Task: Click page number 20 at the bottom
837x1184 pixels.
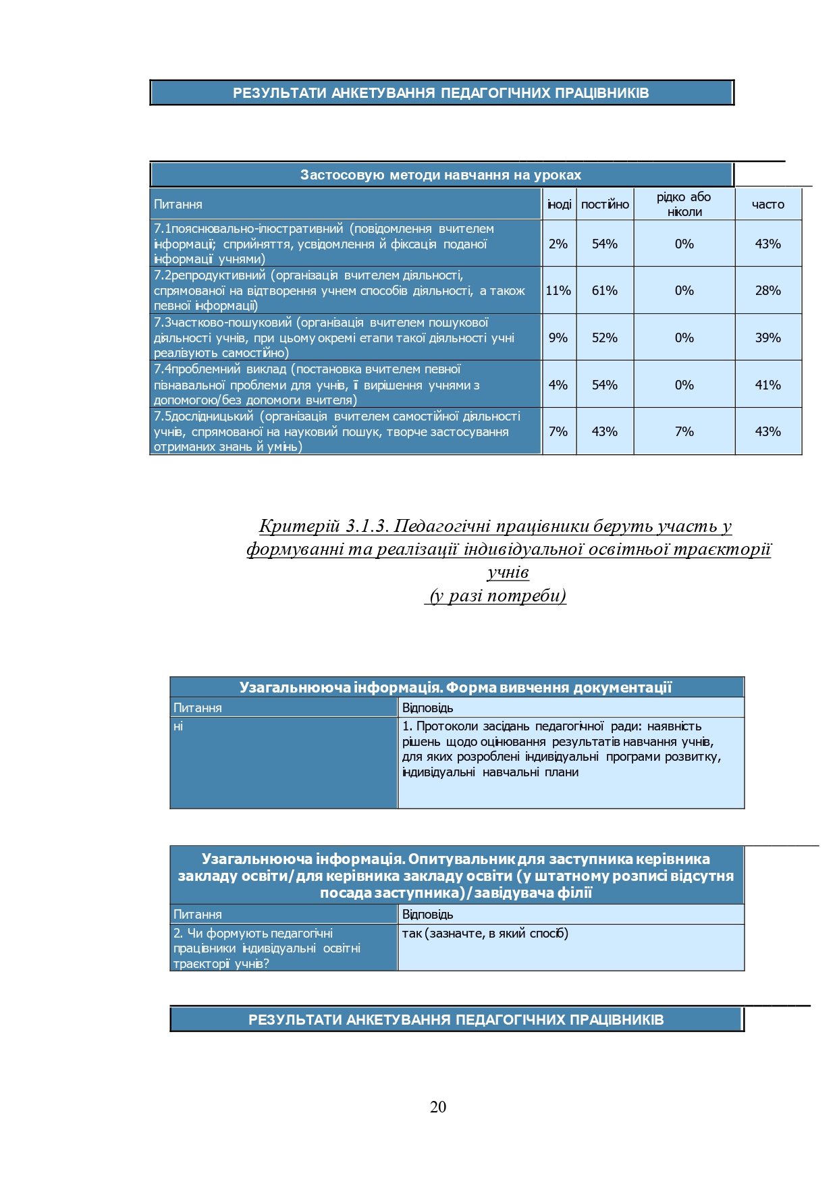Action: pyautogui.click(x=437, y=1106)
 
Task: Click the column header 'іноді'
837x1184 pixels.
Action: pyautogui.click(x=559, y=205)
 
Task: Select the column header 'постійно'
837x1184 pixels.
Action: pyautogui.click(x=605, y=205)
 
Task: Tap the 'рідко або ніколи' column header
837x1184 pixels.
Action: pyautogui.click(x=684, y=204)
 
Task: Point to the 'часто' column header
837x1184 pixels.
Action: pyautogui.click(x=767, y=205)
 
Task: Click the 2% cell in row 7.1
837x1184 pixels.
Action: pyautogui.click(x=558, y=244)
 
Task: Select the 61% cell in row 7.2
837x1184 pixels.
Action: pyautogui.click(x=605, y=290)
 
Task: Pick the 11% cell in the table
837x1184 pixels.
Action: pyautogui.click(x=558, y=290)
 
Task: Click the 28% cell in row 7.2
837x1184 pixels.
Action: pyautogui.click(x=767, y=290)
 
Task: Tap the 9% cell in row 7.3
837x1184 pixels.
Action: pyautogui.click(x=558, y=338)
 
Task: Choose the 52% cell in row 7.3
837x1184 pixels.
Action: pyautogui.click(x=605, y=338)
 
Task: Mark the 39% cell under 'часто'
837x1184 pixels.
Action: pyautogui.click(x=767, y=338)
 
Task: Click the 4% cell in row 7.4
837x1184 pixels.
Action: pyautogui.click(x=558, y=385)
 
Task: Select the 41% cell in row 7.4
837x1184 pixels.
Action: pyautogui.click(x=767, y=385)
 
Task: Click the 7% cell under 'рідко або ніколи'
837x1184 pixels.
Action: pyautogui.click(x=684, y=431)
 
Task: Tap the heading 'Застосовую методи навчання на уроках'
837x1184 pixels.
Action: pyautogui.click(x=441, y=176)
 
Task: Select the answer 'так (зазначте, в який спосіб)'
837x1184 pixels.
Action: pyautogui.click(x=485, y=934)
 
